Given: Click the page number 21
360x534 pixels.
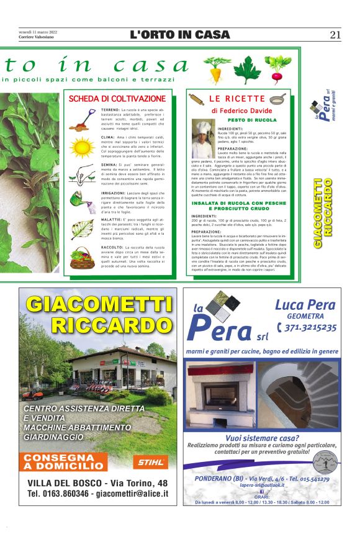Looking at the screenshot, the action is pos(335,35).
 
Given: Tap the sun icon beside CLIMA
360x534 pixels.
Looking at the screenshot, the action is pos(84,147).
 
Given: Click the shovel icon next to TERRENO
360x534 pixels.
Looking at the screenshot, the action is pos(84,117).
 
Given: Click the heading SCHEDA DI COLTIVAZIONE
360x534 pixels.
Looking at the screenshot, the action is pos(117,99).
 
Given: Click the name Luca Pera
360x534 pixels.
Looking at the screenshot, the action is pos(305,305).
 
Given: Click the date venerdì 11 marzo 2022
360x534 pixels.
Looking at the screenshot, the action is pos(38,32).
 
